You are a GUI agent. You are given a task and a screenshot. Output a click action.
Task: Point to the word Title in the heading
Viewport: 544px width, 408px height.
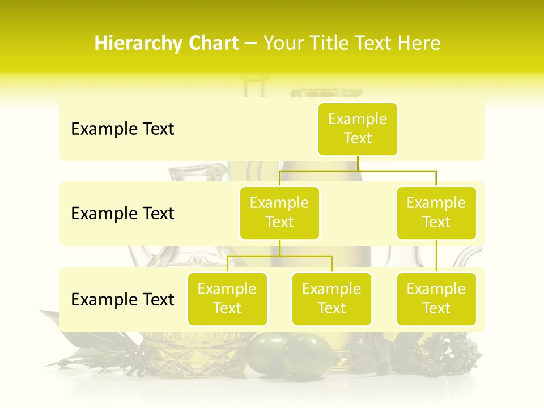pyautogui.click(x=335, y=44)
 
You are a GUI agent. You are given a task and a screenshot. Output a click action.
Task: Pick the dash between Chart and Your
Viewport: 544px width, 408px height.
pyautogui.click(x=250, y=44)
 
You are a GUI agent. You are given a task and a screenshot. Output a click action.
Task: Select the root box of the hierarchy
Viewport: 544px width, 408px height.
pyautogui.click(x=358, y=129)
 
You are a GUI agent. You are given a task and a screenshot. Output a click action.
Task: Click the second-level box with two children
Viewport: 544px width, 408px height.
pyautogui.click(x=279, y=213)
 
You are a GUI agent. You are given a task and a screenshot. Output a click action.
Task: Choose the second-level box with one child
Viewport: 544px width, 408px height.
pyautogui.click(x=436, y=213)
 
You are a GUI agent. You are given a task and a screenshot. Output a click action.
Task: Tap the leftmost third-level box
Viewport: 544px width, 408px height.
pyautogui.click(x=227, y=299)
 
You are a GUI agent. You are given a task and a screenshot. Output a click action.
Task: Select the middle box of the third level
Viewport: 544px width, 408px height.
pyautogui.click(x=331, y=299)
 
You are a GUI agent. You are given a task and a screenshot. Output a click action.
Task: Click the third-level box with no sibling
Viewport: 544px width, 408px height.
pyautogui.click(x=436, y=299)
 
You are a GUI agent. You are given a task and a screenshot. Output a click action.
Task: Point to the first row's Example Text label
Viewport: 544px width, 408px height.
pyautogui.click(x=122, y=129)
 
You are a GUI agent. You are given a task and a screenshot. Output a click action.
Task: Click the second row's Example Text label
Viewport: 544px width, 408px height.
pyautogui.click(x=122, y=214)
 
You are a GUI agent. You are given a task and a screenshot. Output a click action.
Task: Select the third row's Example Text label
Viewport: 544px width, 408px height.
pyautogui.click(x=122, y=300)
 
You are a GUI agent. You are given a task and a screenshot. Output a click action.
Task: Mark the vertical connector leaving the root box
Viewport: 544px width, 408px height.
pyautogui.click(x=358, y=163)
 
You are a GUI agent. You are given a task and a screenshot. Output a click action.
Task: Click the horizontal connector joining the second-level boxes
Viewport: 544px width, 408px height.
pyautogui.click(x=358, y=171)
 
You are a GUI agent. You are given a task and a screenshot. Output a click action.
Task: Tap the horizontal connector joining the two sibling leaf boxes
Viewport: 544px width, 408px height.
pyautogui.click(x=279, y=256)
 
